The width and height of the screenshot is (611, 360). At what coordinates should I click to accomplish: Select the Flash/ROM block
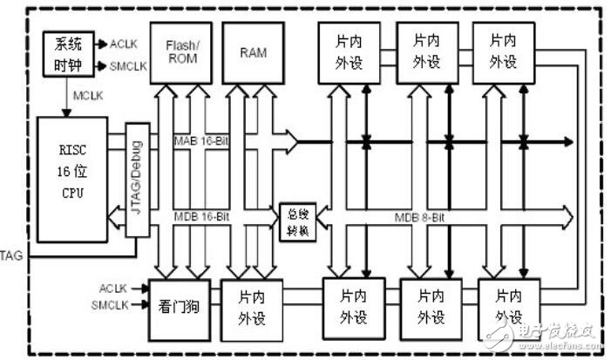pos(181,51)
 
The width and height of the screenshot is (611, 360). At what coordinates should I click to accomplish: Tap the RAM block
pos(253,51)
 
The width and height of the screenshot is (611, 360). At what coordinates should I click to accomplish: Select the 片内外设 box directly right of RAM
pos(353,51)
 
